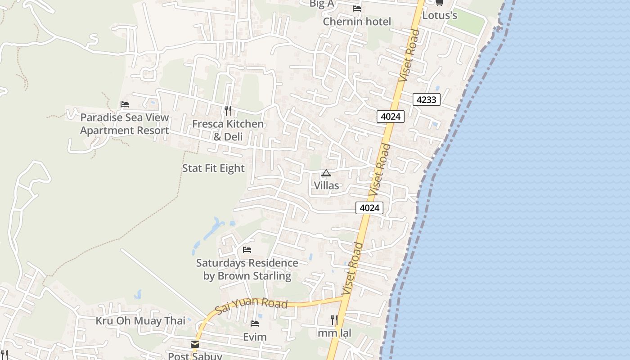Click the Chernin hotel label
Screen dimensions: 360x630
coord(357,22)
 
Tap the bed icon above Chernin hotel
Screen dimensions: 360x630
coord(357,9)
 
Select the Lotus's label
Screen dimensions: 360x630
coord(440,15)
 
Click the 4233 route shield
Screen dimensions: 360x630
coord(426,99)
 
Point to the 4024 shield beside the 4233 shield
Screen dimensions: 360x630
coord(391,117)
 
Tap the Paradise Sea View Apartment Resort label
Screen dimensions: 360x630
coord(125,124)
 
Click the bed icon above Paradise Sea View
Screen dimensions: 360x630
coord(125,104)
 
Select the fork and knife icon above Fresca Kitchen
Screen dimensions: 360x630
coord(228,110)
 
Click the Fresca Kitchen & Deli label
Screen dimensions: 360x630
coord(228,130)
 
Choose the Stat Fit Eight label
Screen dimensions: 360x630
coord(213,168)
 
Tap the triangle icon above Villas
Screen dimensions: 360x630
coord(326,173)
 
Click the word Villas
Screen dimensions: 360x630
coord(326,185)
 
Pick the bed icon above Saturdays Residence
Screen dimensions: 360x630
coord(247,250)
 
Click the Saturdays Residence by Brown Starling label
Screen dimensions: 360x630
coord(247,269)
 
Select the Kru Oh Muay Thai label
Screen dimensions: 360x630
coord(140,321)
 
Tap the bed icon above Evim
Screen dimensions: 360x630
coord(255,324)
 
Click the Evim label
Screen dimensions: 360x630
coord(255,337)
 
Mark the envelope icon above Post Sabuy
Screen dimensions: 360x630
coord(195,344)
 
